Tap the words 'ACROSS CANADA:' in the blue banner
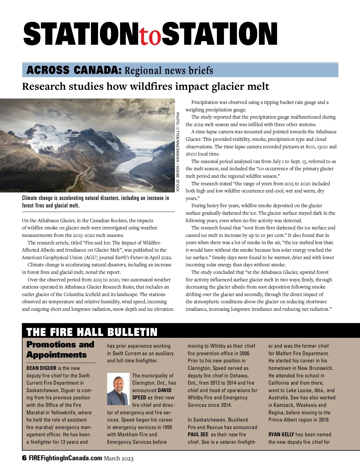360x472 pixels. pos(74,70)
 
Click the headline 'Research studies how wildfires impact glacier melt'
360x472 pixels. pos(145,86)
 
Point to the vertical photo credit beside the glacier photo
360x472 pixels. pos(178,152)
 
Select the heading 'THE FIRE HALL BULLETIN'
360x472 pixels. pos(92,332)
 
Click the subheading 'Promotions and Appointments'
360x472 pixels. pos(60,349)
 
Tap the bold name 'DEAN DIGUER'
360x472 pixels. pos(41,368)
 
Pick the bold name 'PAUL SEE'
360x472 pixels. pos(198,434)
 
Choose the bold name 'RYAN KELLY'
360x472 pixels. pos(281,434)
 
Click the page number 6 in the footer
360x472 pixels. pos(24,458)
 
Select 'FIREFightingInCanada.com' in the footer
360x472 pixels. pos(65,458)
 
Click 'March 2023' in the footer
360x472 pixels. pos(118,458)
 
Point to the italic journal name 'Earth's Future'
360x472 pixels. pos(129,257)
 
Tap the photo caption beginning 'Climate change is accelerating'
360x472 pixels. pos(95,202)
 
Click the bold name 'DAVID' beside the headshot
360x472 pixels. pos(164,390)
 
